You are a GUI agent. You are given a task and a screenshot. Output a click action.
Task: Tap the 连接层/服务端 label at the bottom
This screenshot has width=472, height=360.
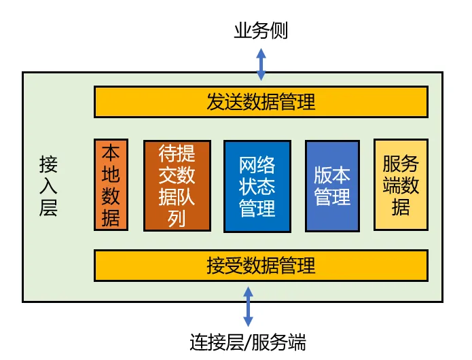pyautogui.click(x=251, y=342)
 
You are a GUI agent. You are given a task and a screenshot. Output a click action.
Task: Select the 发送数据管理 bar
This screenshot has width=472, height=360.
pyautogui.click(x=261, y=102)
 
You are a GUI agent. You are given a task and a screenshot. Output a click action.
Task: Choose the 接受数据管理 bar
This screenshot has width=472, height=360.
pyautogui.click(x=261, y=265)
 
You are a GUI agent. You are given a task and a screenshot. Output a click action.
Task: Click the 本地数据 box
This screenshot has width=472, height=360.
pyautogui.click(x=111, y=185)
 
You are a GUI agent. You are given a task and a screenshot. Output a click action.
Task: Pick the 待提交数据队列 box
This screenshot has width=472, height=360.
pyautogui.click(x=177, y=185)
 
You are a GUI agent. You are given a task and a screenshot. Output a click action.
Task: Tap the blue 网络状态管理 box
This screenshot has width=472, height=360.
pyautogui.click(x=257, y=185)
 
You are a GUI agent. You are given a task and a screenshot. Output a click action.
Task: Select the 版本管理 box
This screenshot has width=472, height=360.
pyautogui.click(x=333, y=185)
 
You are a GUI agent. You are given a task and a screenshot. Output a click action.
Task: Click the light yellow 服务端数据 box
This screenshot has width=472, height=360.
pyautogui.click(x=401, y=185)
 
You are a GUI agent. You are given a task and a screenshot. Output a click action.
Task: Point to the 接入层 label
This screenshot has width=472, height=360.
pyautogui.click(x=48, y=185)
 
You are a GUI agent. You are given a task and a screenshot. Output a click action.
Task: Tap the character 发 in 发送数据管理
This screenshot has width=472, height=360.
pyautogui.click(x=216, y=102)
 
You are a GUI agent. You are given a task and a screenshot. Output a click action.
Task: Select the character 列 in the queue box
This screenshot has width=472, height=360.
pyautogui.click(x=177, y=218)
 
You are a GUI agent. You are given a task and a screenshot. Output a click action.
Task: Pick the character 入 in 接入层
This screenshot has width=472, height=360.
pyautogui.click(x=48, y=185)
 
